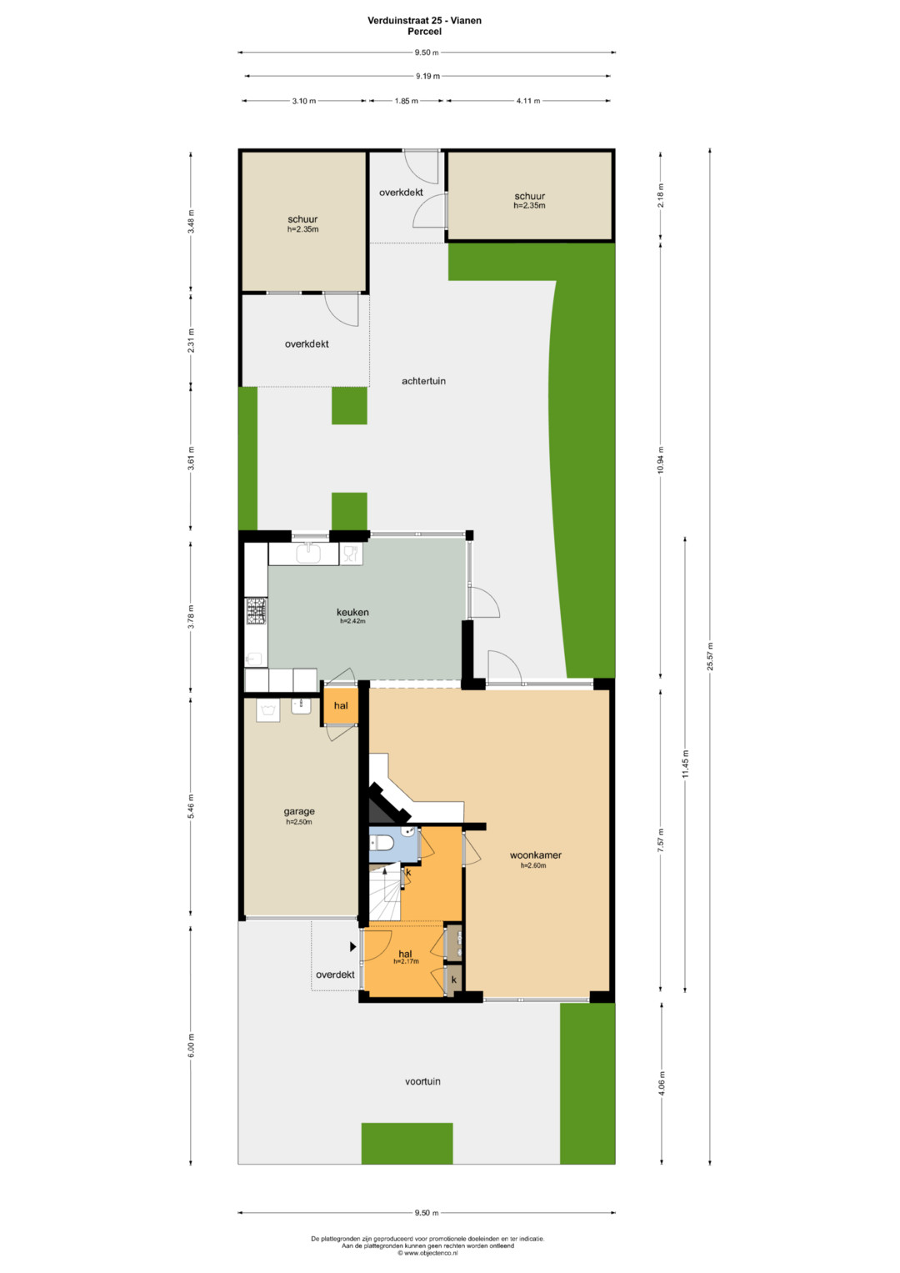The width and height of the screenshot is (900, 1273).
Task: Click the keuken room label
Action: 352,612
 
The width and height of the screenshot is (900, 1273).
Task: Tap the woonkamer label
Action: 535,855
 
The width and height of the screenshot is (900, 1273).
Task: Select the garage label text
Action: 299,811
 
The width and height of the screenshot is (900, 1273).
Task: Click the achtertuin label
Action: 423,381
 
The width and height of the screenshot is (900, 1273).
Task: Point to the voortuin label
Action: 422,1081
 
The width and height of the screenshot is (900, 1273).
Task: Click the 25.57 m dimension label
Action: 710,656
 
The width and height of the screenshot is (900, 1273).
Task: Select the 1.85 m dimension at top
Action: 407,101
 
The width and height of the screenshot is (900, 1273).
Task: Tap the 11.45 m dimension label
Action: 685,764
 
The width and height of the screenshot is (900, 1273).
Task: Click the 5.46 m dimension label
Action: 192,806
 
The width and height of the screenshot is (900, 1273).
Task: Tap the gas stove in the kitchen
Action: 256,611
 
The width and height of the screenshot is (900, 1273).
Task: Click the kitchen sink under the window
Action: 308,553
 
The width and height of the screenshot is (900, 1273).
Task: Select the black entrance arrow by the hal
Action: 352,947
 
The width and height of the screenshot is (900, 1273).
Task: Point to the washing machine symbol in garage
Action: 267,710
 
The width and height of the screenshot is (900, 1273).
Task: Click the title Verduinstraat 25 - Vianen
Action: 424,21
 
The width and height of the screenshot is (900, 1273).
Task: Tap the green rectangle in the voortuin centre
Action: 407,1144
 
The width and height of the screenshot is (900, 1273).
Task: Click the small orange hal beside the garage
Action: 340,706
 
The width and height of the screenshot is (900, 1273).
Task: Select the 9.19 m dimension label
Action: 427,76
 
